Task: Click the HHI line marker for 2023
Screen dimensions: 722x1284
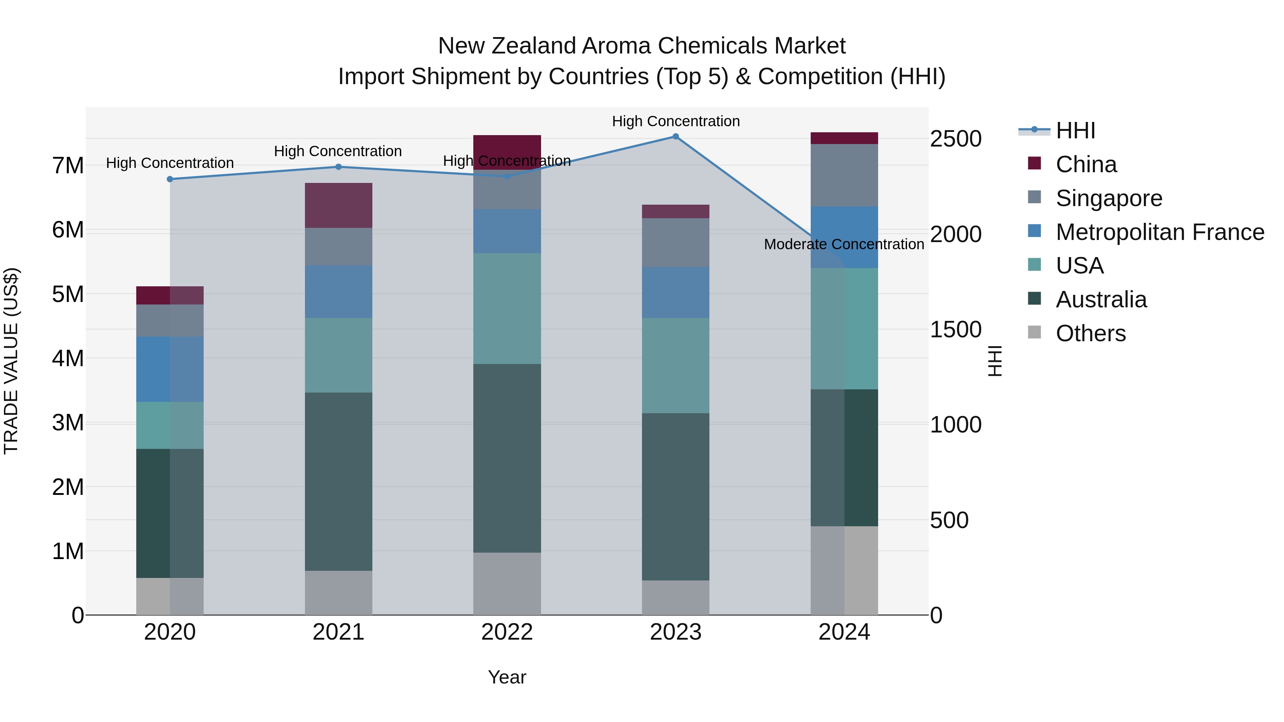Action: click(x=676, y=137)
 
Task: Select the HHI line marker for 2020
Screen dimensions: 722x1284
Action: click(x=170, y=179)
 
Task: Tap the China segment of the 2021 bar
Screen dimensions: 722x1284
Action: click(x=338, y=205)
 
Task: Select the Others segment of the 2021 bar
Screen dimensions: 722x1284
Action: click(x=338, y=593)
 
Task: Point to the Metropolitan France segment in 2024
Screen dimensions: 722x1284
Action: click(x=844, y=237)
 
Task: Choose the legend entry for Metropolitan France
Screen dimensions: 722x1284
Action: click(x=1160, y=232)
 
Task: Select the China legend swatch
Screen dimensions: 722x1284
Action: click(x=1034, y=163)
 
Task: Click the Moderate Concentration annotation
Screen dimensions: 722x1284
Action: click(x=844, y=244)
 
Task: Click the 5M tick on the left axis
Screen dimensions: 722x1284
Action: click(x=68, y=295)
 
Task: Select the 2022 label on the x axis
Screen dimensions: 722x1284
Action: click(x=507, y=632)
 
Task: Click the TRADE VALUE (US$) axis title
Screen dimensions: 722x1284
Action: click(x=11, y=361)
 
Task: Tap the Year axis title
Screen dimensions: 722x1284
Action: click(x=507, y=677)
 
